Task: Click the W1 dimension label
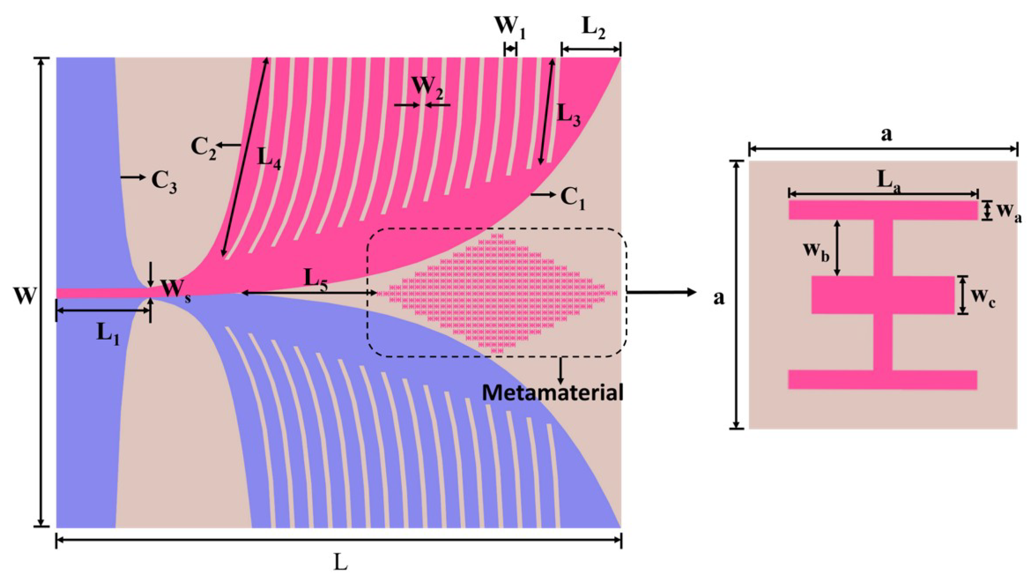(510, 27)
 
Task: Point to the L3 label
(568, 116)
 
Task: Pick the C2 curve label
(203, 148)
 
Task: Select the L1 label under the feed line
(108, 334)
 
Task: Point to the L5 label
(315, 279)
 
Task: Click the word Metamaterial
(552, 393)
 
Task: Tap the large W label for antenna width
(25, 296)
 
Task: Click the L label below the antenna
(340, 562)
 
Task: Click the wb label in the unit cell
(816, 251)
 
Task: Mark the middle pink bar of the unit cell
(882, 294)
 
